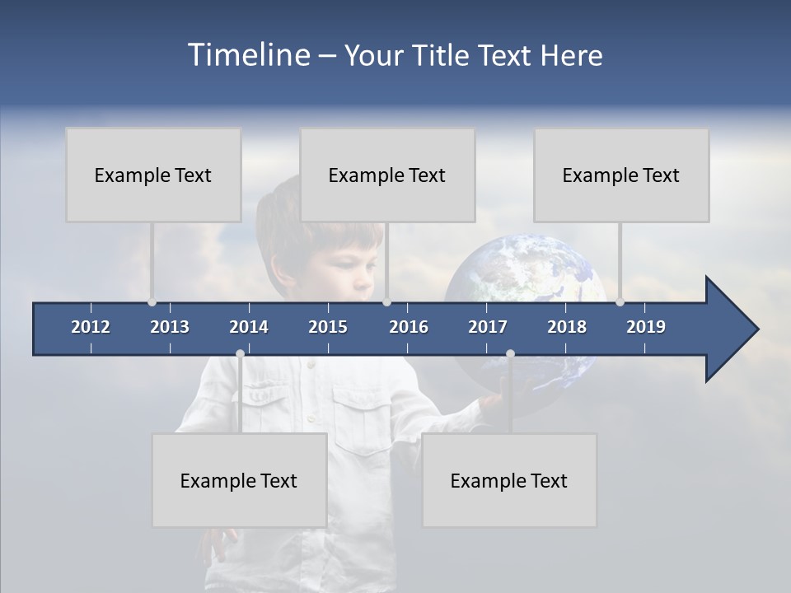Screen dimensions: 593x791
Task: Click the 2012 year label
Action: pos(91,327)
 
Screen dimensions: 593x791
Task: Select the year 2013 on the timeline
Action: pos(170,327)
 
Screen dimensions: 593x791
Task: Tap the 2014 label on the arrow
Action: pos(249,327)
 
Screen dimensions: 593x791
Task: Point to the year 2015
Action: pos(328,327)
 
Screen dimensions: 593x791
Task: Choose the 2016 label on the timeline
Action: pos(409,327)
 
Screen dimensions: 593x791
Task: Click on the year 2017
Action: pos(488,327)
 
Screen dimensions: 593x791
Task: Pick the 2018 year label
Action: pos(567,327)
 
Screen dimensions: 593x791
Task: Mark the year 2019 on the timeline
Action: pos(646,327)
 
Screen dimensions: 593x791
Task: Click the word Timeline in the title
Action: pos(248,55)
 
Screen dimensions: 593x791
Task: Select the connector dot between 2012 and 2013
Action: pos(152,301)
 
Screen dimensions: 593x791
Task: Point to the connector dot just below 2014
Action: pos(240,354)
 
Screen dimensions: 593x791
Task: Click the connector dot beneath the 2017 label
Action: pos(510,354)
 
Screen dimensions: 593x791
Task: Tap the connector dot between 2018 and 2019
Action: pos(620,301)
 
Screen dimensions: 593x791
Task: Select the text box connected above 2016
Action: pos(387,175)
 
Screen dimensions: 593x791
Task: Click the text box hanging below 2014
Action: pos(239,480)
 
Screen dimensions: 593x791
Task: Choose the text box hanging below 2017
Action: pos(509,480)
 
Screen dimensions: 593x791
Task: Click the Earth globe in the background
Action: pos(527,272)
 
